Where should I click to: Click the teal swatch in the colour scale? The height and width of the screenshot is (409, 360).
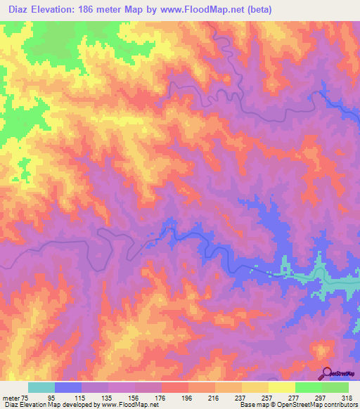tap(41, 387)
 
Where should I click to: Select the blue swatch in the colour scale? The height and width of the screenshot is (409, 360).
tap(68, 387)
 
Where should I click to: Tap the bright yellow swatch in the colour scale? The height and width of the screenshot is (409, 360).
tap(282, 387)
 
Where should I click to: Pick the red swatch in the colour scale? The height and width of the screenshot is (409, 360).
tap(175, 387)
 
